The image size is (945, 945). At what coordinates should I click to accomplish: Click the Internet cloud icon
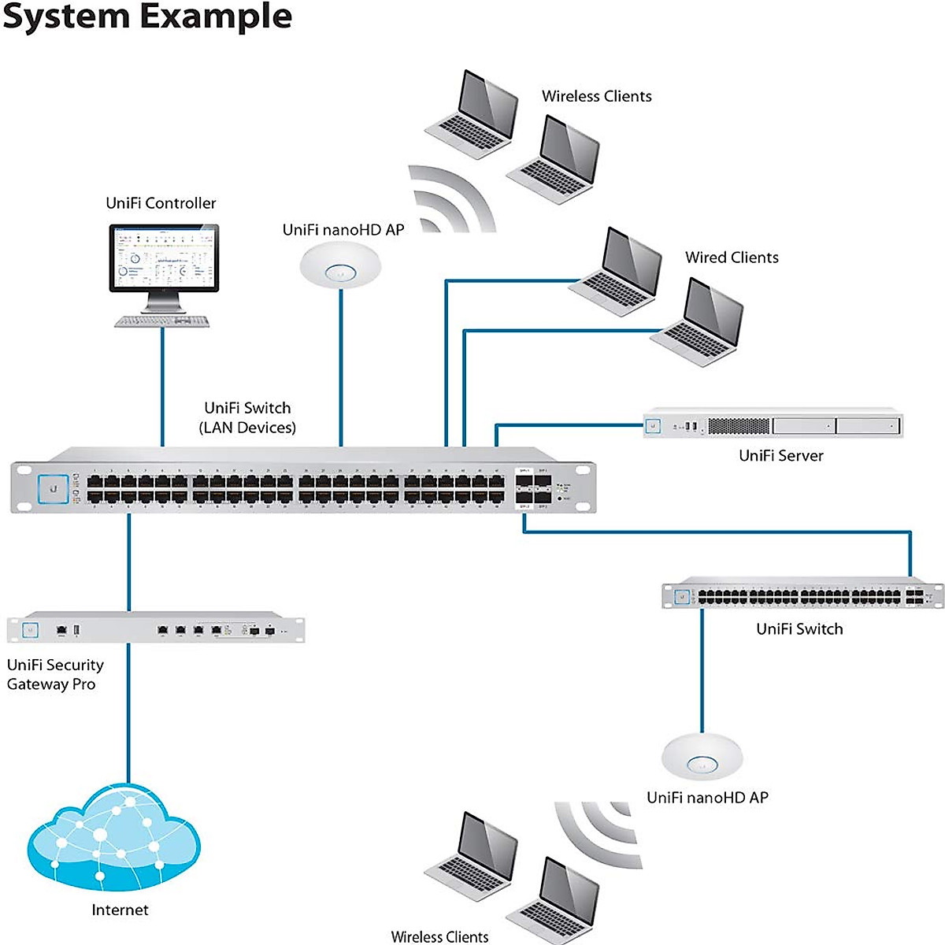click(x=114, y=839)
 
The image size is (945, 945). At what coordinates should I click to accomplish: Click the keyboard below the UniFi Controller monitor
click(x=162, y=321)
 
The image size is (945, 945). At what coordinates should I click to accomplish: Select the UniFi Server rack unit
click(x=773, y=425)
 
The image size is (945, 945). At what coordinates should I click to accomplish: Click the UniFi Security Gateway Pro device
click(x=155, y=629)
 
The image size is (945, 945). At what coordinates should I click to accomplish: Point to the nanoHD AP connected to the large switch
click(x=340, y=265)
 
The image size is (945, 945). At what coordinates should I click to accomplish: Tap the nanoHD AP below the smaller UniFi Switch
click(x=702, y=757)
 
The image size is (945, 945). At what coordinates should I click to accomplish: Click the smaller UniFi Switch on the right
click(x=802, y=596)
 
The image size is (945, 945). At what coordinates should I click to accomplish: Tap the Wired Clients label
click(x=732, y=258)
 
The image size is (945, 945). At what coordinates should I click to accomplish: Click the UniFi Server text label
click(x=780, y=455)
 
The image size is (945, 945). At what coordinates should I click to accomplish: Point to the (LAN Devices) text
click(x=247, y=428)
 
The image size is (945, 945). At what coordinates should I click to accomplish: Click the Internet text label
click(x=120, y=910)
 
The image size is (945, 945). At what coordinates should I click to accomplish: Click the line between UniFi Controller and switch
click(x=162, y=386)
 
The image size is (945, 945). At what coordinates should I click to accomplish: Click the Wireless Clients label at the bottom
click(x=439, y=936)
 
